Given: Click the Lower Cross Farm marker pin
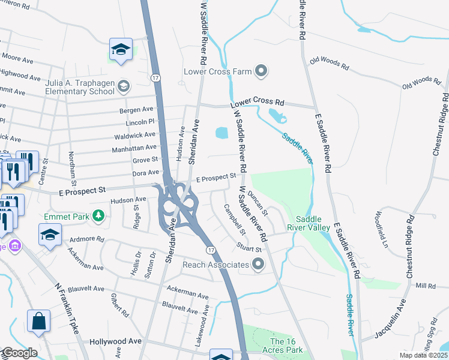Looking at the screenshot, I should (261, 72).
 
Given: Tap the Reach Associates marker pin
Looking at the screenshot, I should (259, 264).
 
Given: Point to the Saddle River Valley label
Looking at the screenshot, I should (312, 223).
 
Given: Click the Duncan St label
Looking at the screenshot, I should (259, 199).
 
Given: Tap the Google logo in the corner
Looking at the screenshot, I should (19, 353).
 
